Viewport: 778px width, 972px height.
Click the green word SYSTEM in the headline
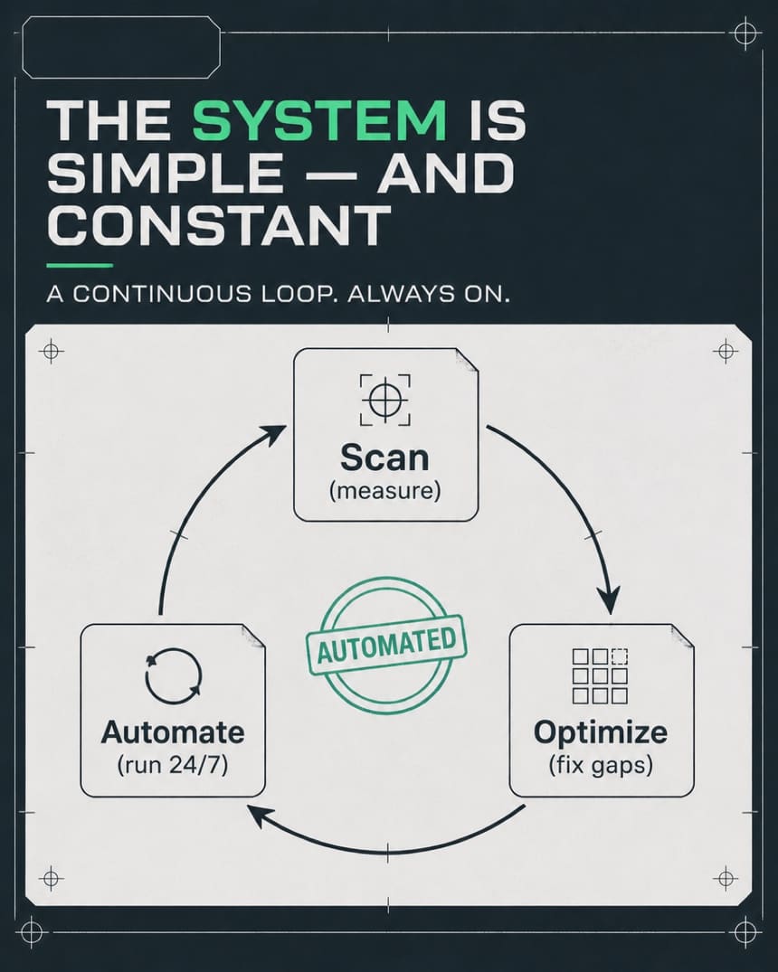pyautogui.click(x=319, y=119)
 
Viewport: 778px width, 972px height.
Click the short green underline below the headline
pyautogui.click(x=80, y=265)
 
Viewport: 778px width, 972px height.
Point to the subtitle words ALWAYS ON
pyautogui.click(x=428, y=293)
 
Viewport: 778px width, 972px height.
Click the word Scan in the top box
pyautogui.click(x=384, y=458)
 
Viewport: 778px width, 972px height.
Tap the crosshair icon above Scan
pyautogui.click(x=385, y=400)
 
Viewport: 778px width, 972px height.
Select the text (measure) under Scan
pyautogui.click(x=385, y=491)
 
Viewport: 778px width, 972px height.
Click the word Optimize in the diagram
pyautogui.click(x=601, y=733)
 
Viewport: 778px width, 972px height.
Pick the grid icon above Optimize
pyautogui.click(x=600, y=676)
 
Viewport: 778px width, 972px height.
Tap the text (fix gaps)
pyautogui.click(x=601, y=765)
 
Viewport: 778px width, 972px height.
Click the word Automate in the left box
pyautogui.click(x=173, y=732)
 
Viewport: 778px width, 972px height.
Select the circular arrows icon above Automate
pyautogui.click(x=174, y=676)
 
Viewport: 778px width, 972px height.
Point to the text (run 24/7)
pyautogui.click(x=173, y=765)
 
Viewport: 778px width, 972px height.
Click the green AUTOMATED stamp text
pyautogui.click(x=386, y=644)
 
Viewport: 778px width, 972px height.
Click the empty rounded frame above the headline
pyautogui.click(x=121, y=47)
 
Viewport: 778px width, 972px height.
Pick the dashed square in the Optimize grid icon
pyautogui.click(x=620, y=656)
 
